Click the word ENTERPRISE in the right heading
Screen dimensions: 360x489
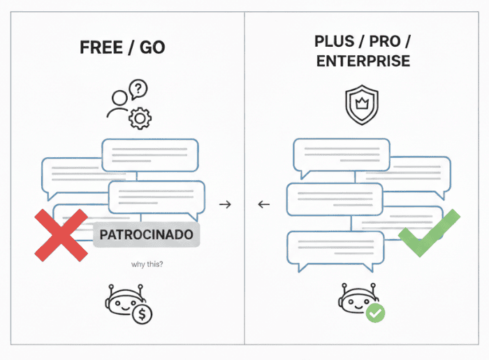(363, 62)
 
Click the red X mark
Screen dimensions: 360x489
(61, 236)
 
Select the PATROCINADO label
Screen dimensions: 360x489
(146, 235)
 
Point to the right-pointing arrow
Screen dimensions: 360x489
(224, 204)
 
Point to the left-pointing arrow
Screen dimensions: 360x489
(263, 204)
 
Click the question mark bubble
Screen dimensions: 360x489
(140, 90)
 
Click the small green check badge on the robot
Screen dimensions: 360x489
(375, 312)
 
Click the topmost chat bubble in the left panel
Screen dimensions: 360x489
(150, 154)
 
